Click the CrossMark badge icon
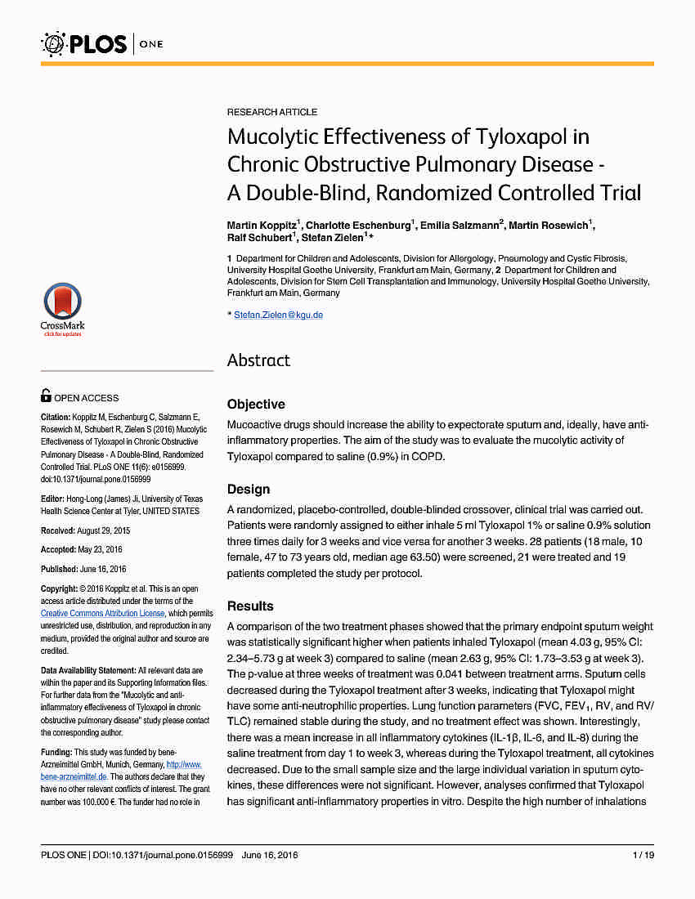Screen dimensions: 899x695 [x=62, y=307]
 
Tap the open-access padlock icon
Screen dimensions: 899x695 [x=47, y=396]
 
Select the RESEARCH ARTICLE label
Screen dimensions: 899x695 [x=272, y=112]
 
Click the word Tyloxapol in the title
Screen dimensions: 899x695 [x=543, y=136]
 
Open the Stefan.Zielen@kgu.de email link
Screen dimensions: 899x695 [x=278, y=315]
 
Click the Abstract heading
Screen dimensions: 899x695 [x=258, y=360]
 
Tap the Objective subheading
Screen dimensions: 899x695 [x=256, y=404]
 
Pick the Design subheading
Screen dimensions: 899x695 [x=249, y=489]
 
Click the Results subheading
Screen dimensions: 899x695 [x=250, y=606]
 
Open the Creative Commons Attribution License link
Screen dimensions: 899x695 [x=103, y=613]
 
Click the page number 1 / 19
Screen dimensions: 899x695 [x=643, y=855]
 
